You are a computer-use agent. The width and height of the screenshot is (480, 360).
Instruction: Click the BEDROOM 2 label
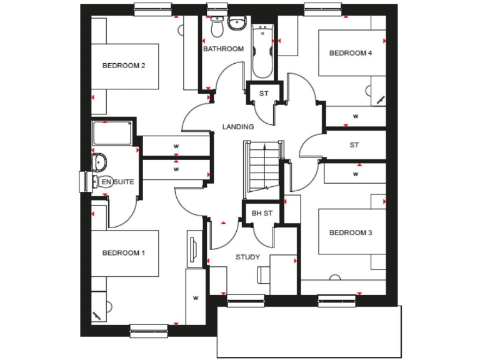(x=124, y=66)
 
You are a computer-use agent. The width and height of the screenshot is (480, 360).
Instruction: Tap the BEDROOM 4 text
(x=351, y=53)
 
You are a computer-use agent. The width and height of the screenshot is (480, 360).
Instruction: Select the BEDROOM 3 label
(x=351, y=232)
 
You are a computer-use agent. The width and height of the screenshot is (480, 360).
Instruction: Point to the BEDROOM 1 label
(x=124, y=253)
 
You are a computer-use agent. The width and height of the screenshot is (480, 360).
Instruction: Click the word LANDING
(x=238, y=127)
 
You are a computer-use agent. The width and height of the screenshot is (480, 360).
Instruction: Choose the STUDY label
(x=247, y=257)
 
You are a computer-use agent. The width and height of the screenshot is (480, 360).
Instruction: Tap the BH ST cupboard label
(x=262, y=214)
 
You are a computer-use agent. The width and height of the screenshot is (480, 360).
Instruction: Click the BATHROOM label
(x=223, y=49)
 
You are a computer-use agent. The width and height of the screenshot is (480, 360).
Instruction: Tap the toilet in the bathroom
(x=217, y=27)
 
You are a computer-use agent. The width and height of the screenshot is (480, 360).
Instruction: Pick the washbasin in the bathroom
(x=237, y=24)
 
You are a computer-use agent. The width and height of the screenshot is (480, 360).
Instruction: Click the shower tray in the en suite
(x=112, y=133)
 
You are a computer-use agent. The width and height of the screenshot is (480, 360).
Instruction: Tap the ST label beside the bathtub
(x=263, y=93)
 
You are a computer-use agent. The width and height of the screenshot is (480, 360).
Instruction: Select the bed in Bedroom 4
(x=352, y=53)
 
